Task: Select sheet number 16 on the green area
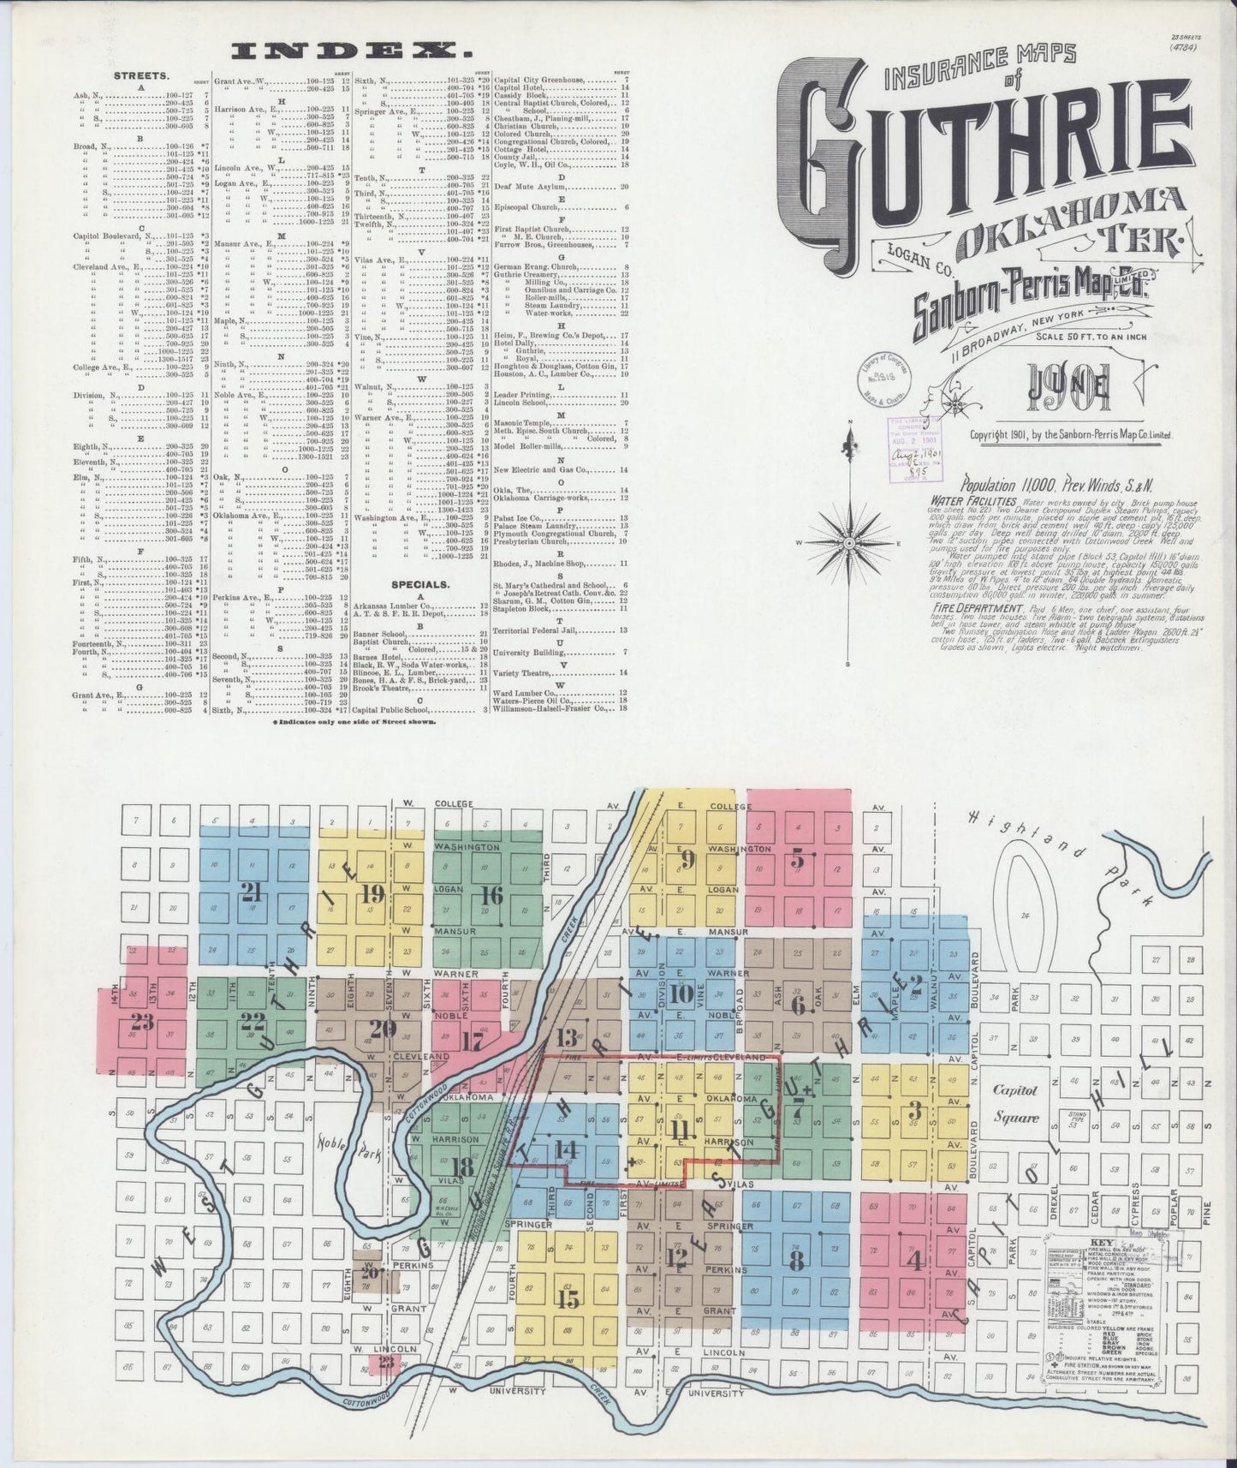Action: (491, 896)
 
